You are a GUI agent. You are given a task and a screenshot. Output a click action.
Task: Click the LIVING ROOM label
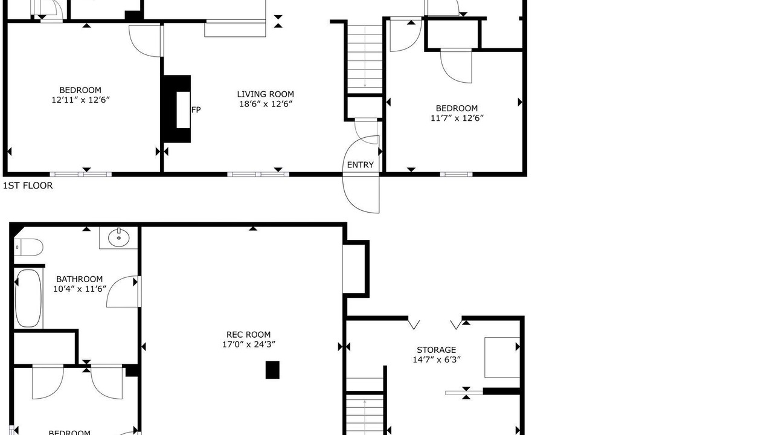point(265,94)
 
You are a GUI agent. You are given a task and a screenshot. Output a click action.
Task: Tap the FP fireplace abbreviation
point(196,110)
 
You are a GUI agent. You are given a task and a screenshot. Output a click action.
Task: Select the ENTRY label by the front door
point(361,165)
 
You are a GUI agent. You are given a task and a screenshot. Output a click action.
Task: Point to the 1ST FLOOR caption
point(28,185)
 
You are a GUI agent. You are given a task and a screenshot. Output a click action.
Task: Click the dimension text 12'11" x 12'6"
point(80,100)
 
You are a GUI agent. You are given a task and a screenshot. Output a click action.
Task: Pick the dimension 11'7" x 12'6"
point(457,118)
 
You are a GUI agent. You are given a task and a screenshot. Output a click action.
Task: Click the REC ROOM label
point(248,335)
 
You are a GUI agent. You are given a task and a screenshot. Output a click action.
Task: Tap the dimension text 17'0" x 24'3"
point(248,344)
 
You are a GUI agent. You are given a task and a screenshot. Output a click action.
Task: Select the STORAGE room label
point(437,350)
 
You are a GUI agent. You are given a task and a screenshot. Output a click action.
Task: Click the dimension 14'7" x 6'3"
point(437,359)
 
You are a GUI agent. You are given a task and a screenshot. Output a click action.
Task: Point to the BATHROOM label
point(79,279)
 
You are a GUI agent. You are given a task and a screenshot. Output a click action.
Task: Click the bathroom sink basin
point(119,237)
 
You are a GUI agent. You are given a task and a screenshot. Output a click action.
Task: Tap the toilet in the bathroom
point(28,248)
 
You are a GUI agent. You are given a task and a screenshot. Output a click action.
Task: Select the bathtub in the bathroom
point(28,298)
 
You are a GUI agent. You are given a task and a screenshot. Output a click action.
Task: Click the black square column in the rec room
point(272,370)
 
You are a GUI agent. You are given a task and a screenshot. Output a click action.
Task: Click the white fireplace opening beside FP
point(184,110)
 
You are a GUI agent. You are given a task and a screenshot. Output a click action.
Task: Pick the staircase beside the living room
point(365,59)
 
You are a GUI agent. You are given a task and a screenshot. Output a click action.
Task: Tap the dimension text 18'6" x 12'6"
point(266,104)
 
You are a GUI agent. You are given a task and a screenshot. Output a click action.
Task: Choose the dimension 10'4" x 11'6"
point(79,289)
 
